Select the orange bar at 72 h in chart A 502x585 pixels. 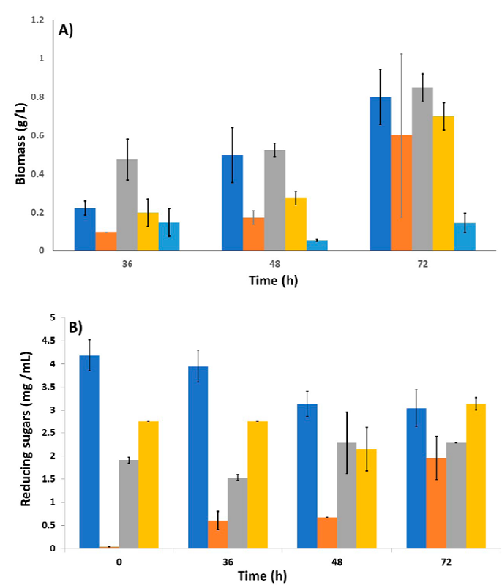(401, 193)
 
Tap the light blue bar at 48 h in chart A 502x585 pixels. (317, 246)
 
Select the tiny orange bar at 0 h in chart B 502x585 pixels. (109, 546)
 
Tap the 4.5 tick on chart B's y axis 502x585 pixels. (51, 341)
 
